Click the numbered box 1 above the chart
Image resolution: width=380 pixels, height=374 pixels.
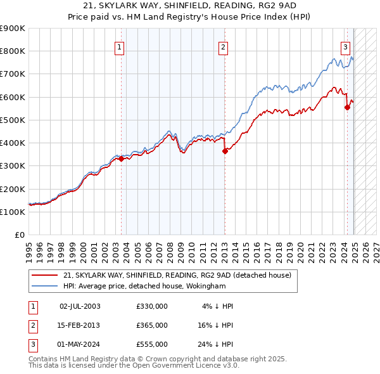click(120, 46)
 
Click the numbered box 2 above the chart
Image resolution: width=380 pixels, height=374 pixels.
click(224, 46)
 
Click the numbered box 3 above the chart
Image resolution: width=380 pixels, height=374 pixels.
click(345, 46)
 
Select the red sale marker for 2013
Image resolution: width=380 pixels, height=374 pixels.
click(225, 151)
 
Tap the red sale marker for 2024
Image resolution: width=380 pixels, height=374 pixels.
click(347, 107)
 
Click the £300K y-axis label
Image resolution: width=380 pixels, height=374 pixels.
click(13, 166)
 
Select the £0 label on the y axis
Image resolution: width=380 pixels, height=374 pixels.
click(19, 235)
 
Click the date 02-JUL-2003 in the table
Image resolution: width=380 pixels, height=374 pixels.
click(80, 306)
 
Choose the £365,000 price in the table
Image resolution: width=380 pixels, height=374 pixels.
click(152, 325)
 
